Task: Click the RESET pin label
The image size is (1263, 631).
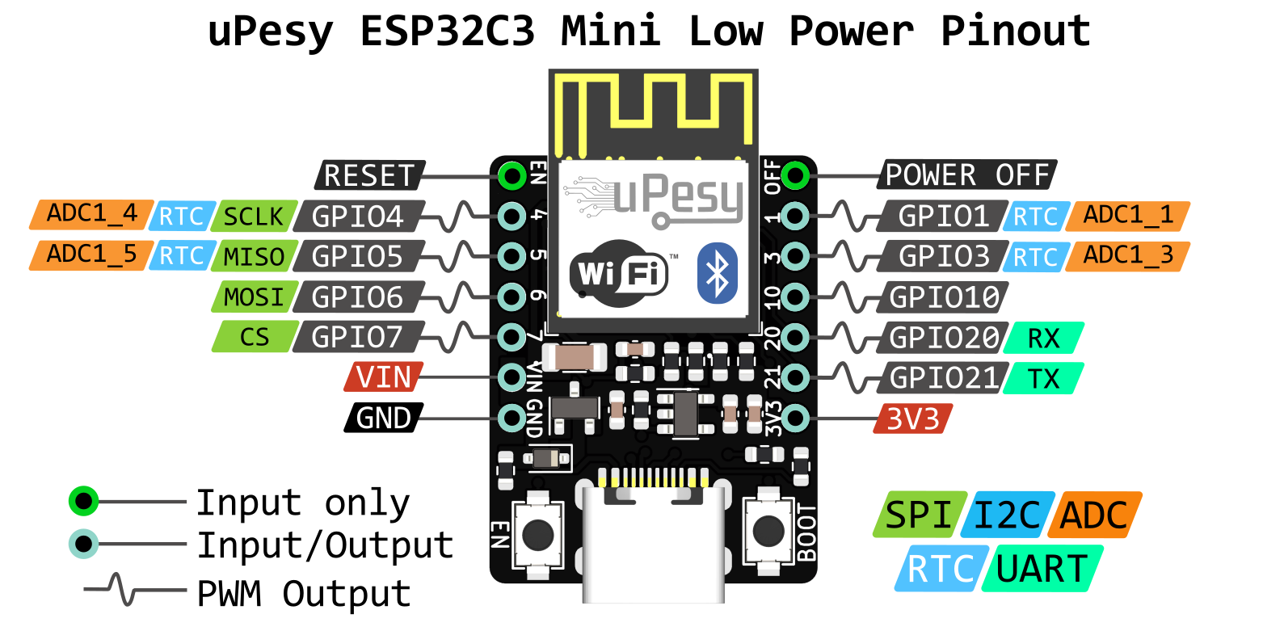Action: (x=368, y=175)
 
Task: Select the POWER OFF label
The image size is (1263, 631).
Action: (x=966, y=175)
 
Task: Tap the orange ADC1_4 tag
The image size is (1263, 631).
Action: (x=91, y=215)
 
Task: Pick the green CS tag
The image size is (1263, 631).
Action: (x=255, y=336)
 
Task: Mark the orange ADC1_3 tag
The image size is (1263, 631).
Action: (x=1127, y=256)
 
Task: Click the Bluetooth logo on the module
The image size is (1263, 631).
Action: (x=718, y=272)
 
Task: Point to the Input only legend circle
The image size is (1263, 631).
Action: (x=83, y=502)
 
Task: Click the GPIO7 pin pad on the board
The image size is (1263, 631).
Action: (x=512, y=335)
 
